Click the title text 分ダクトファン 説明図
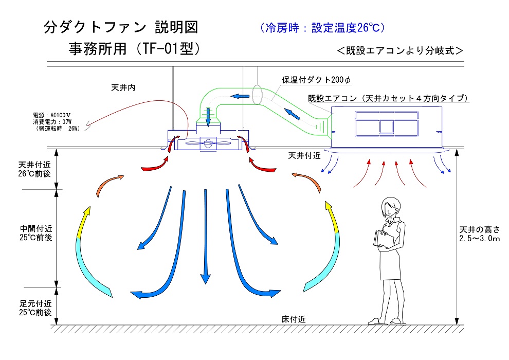pyautogui.click(x=121, y=27)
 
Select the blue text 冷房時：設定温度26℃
pyautogui.click(x=323, y=27)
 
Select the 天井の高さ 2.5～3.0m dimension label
pyautogui.click(x=479, y=233)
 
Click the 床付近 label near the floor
pyautogui.click(x=294, y=319)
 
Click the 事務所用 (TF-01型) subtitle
pyautogui.click(x=134, y=49)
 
